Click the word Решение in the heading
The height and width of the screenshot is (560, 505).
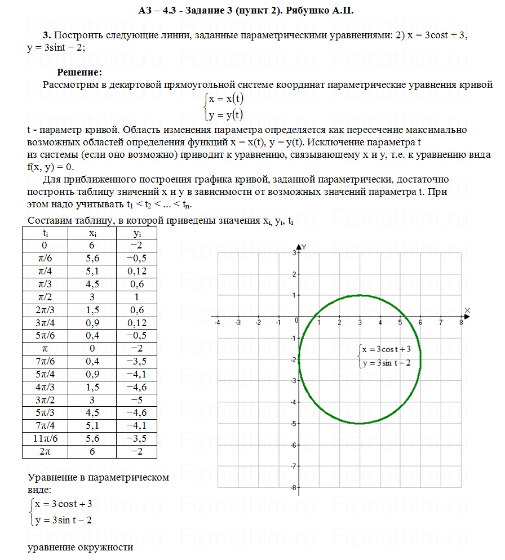coord(79,72)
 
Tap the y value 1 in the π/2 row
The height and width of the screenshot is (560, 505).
coord(136,297)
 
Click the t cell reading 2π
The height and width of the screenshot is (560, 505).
coord(45,452)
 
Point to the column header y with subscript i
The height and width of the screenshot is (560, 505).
coord(136,233)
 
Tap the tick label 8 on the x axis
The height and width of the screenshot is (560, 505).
coord(461,322)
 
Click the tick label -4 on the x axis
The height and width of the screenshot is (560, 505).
coord(218,322)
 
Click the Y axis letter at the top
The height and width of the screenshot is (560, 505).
coord(304,247)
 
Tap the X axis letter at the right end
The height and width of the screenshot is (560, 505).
coord(467,310)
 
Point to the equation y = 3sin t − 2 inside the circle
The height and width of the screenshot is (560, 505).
coord(387,363)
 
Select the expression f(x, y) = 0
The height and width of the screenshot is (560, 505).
coord(50,167)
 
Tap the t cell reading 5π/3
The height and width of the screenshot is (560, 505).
coord(45,411)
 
